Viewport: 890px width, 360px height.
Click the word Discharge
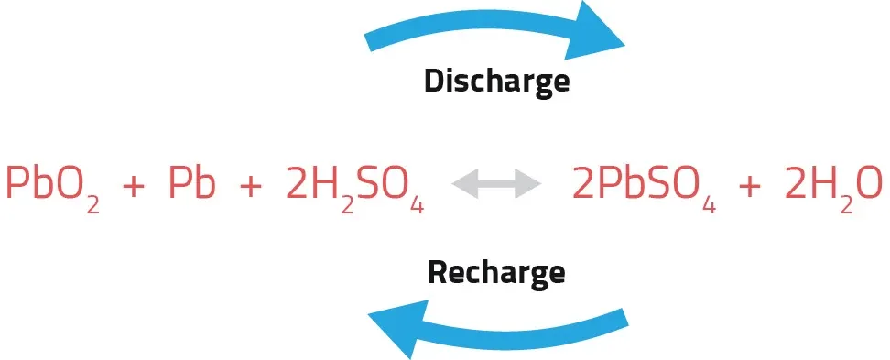click(x=496, y=81)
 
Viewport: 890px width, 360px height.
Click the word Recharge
click(x=496, y=272)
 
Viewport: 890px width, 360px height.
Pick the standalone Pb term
click(x=192, y=184)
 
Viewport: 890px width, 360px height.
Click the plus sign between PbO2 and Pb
click(x=133, y=186)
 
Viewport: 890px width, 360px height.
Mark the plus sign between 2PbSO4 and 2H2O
click(x=749, y=186)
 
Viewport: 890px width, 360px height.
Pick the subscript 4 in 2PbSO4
click(x=707, y=204)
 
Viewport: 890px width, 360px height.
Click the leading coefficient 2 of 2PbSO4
click(x=583, y=184)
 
